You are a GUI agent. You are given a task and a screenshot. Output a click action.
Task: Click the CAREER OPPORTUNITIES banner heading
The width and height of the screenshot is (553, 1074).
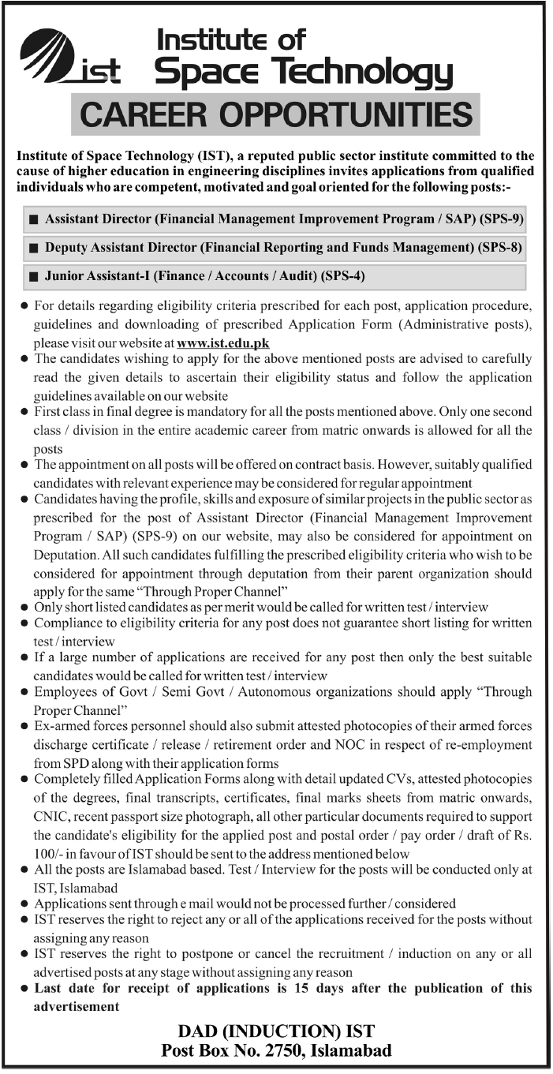276,114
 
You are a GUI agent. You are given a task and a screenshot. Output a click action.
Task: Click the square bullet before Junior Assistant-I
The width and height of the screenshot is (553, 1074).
33,276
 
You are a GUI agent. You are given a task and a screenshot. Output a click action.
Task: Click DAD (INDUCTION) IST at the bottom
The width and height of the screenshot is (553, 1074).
275,1031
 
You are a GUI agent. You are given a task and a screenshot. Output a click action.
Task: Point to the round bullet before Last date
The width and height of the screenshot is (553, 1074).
24,989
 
